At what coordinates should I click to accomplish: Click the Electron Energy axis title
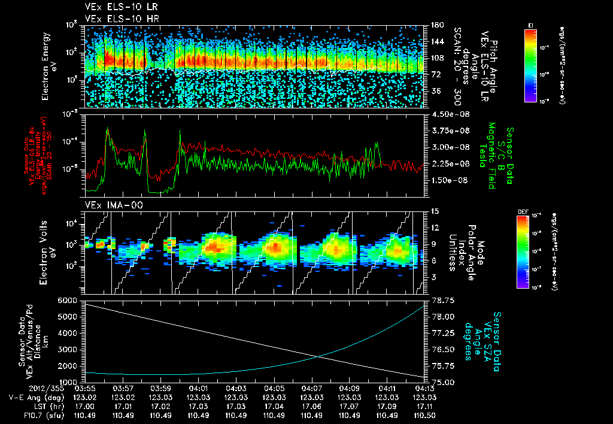point(49,66)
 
